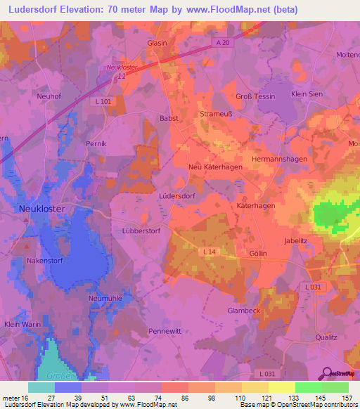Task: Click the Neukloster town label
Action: coord(41,209)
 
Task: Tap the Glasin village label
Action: coord(156,43)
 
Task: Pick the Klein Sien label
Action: coord(307,93)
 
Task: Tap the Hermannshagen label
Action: coord(279,159)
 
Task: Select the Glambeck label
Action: coord(245,310)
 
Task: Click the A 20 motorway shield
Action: coord(223,44)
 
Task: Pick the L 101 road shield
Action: coord(103,102)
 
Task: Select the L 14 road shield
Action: coord(209,252)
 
